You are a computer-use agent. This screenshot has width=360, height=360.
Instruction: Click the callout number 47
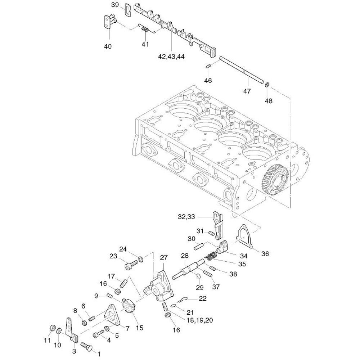(x=247, y=91)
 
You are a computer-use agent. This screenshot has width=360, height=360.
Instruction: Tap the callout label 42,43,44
(x=171, y=57)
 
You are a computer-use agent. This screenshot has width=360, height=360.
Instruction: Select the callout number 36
(x=265, y=254)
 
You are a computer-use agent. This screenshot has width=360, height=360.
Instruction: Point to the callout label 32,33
(x=186, y=216)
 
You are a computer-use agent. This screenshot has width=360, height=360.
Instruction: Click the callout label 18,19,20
(x=199, y=320)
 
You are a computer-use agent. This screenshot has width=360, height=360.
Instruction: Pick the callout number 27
(x=164, y=257)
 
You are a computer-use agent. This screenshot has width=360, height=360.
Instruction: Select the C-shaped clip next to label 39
(x=128, y=10)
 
